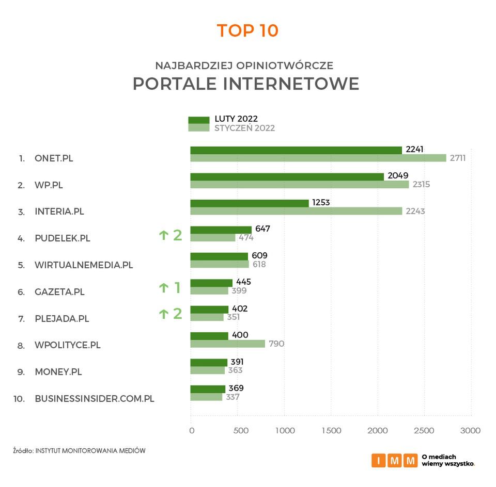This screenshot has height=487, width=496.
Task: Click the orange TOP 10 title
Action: pos(247,30)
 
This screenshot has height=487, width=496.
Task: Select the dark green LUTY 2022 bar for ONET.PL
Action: pos(296,150)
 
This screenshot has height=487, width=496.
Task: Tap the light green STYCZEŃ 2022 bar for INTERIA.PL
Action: pos(296,211)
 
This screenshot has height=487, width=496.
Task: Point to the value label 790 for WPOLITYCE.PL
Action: pos(276,344)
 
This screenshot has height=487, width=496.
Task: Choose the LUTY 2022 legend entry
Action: pos(236,119)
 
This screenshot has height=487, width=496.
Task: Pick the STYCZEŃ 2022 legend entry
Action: pos(244,128)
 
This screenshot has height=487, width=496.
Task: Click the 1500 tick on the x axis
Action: pos(331,430)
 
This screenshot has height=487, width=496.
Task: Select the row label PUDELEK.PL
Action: pos(62,238)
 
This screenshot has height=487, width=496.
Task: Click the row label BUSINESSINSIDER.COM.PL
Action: pos(94,399)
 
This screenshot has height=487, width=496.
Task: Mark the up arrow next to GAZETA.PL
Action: pos(164,288)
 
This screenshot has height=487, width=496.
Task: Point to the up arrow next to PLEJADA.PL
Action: pos(164,314)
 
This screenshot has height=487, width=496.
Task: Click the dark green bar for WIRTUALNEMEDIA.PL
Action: pos(219,256)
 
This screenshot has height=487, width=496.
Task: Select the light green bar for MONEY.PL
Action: pos(207,370)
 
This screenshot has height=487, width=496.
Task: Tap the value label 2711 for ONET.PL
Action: pos(457,158)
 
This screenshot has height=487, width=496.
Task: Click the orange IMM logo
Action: pos(394,460)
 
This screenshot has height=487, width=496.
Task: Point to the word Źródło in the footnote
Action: pos(23,450)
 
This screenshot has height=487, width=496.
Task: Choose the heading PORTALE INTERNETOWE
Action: pos(245,84)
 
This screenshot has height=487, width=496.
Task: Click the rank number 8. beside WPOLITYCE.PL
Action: pos(21,346)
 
